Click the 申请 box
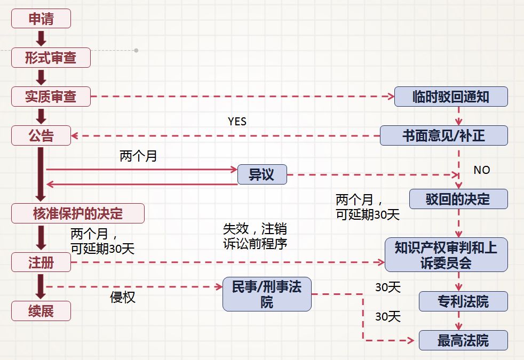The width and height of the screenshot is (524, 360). tap(41, 19)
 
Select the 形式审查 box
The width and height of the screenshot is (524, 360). tap(51, 58)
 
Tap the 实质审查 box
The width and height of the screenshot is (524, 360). tap(51, 97)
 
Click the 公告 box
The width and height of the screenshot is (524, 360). tap(41, 135)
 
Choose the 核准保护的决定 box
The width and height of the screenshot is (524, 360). tap(78, 213)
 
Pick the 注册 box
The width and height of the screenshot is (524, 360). tap(41, 262)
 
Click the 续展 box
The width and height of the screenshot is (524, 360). tap(41, 310)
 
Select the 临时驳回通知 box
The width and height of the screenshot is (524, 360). tap(451, 97)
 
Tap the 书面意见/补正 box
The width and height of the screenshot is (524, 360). tap(443, 135)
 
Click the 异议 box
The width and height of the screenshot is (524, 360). tap(261, 174)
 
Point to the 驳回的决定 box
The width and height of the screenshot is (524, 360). tap(458, 199)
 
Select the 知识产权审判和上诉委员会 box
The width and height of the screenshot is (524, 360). tap(446, 255)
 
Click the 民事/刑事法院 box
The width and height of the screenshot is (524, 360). tap(267, 294)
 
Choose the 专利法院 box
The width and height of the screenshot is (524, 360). tap(463, 302)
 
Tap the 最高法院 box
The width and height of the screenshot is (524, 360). tap(463, 340)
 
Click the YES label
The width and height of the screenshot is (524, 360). tap(237, 122)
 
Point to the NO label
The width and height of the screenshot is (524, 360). tap(481, 170)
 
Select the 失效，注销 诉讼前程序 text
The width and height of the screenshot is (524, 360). tap(255, 236)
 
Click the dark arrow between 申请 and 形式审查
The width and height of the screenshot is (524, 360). tap(41, 38)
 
